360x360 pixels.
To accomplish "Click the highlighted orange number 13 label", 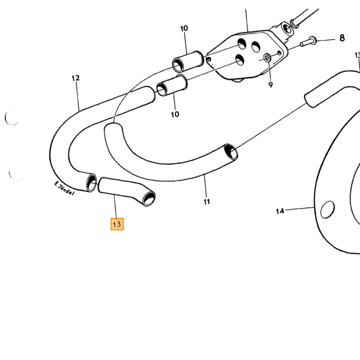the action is coord(117,224).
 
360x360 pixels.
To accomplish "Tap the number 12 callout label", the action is coord(76,78).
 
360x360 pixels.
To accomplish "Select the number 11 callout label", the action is coord(207,202).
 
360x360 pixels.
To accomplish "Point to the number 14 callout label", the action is coord(280,211).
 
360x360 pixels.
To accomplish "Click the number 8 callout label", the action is coord(342,38).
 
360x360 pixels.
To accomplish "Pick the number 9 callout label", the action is coord(271,85).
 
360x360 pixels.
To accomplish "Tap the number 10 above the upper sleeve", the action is coord(184,28).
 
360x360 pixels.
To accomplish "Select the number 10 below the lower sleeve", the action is coord(175,114).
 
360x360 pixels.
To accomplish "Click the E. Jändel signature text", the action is coord(64,188).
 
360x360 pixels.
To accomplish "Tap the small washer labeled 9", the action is coord(267,58).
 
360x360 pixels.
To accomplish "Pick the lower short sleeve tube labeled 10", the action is coord(172,85).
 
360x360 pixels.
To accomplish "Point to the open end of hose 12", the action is coord(92,183).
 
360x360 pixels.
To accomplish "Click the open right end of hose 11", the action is coord(231,152).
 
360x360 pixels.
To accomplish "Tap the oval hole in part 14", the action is coord(328,209).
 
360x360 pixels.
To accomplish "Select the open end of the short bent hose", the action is coord(149,199).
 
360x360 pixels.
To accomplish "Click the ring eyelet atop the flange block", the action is coord(287,28).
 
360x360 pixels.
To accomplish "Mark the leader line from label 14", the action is coord(300,208).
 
